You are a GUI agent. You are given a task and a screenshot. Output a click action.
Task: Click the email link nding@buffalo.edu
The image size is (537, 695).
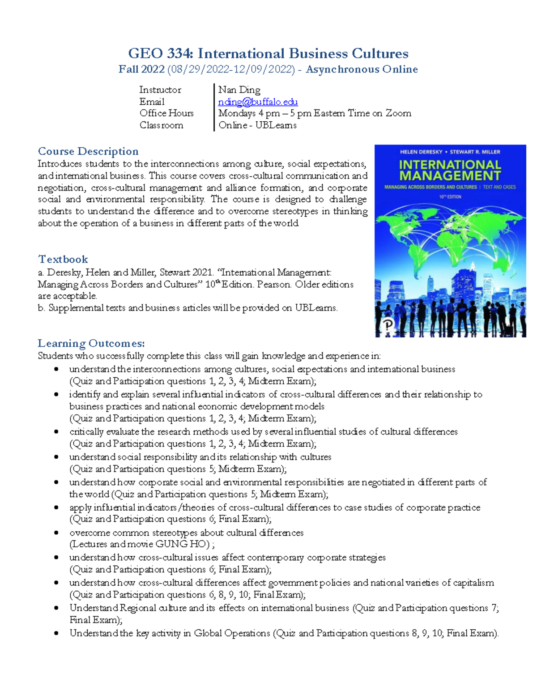click(x=258, y=102)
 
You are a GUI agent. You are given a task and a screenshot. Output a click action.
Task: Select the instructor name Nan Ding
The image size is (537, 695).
click(x=239, y=90)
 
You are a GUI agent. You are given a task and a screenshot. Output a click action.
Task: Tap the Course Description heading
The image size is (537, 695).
click(x=88, y=151)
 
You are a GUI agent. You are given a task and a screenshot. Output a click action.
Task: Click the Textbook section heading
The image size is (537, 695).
click(x=63, y=259)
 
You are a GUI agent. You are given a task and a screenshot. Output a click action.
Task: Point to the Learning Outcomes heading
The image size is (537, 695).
click(x=91, y=343)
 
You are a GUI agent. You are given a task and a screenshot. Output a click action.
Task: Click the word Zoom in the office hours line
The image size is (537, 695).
click(x=398, y=113)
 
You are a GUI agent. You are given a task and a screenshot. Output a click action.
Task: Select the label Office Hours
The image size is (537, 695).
click(x=166, y=113)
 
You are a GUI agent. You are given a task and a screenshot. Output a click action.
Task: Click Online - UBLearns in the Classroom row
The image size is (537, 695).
click(x=257, y=125)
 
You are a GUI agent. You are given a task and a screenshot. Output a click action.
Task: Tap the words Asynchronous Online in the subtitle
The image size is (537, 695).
click(x=362, y=69)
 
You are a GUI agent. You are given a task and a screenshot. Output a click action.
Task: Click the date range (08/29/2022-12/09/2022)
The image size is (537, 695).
click(x=231, y=69)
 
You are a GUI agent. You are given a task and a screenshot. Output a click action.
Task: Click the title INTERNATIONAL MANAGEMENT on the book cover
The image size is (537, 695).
click(x=450, y=171)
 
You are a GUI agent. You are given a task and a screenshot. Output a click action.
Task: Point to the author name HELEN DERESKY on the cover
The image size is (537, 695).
click(x=421, y=152)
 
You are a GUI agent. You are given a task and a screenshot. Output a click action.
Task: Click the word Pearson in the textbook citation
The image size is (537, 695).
click(x=274, y=285)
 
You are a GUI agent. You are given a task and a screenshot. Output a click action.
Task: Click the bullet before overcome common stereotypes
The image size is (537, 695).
click(x=56, y=533)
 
